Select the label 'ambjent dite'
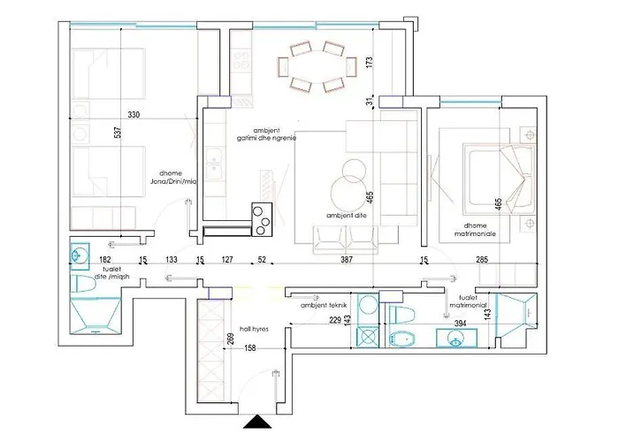pos(345,214)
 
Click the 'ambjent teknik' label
pos(324,305)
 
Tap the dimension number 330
pos(134,115)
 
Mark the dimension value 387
pos(347,260)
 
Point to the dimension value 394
pos(459,324)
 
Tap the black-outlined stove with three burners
pos(263,218)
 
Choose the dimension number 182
pos(80,260)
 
